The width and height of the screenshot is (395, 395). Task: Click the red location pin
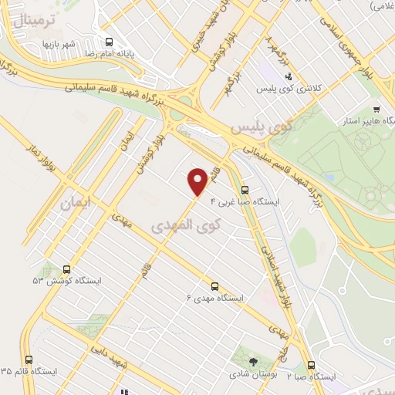(198, 181)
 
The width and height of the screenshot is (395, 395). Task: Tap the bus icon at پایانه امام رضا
(109, 42)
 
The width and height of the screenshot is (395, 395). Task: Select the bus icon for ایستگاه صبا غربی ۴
(245, 190)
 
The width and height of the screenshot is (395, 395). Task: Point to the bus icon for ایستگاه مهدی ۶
(214, 285)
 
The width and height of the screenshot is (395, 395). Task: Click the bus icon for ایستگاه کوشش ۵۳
(67, 270)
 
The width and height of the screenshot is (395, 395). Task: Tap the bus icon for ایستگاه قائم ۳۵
(29, 360)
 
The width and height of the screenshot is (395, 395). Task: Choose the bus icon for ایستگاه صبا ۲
(311, 366)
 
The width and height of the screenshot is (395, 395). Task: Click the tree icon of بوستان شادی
(254, 360)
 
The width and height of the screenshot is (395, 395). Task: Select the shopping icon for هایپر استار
(376, 109)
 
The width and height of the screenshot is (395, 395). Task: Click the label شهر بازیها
(58, 44)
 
